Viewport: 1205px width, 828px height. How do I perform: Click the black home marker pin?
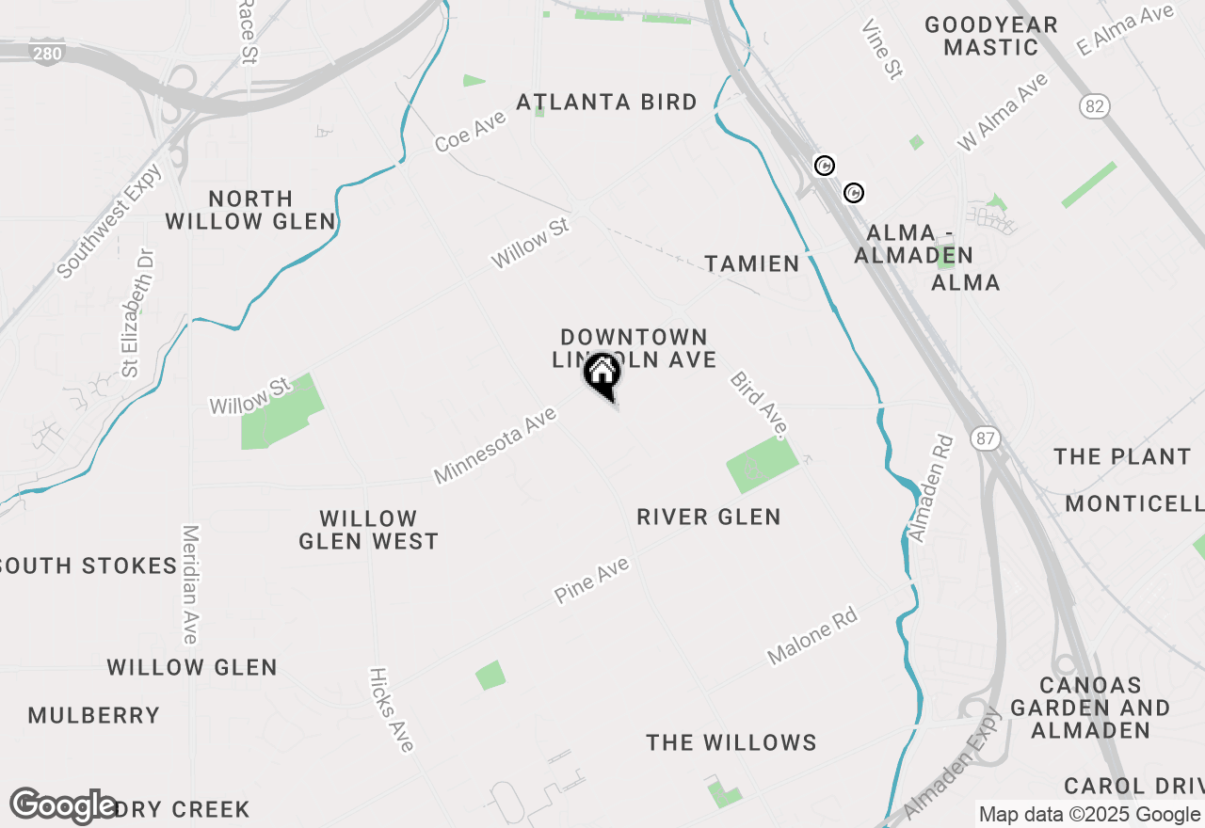coord(602,375)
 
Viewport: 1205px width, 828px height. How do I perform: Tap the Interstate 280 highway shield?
coord(46,53)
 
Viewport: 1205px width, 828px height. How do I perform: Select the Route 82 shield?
coord(1094,106)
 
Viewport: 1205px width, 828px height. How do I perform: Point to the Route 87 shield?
coord(985,438)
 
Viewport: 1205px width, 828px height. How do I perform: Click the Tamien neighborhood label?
coord(753,263)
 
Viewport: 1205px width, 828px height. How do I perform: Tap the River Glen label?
coord(709,517)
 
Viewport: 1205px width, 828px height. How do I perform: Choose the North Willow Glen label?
coord(250,210)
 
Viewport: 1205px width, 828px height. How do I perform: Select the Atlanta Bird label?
coord(607,102)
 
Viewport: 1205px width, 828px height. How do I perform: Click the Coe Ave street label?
coord(471,131)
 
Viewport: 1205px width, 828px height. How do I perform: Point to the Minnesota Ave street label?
coord(495,444)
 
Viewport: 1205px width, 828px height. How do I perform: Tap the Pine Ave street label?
coord(591,579)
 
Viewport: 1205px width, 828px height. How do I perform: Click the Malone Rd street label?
coord(812,637)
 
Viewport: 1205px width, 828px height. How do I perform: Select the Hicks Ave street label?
coord(392,709)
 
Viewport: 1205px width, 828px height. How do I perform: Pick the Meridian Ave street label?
coord(190,584)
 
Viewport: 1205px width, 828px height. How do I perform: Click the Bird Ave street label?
coord(758,404)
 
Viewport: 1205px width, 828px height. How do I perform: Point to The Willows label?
coord(731,742)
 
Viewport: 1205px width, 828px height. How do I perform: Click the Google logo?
coord(63,805)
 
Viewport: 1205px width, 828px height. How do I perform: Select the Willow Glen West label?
coord(368,530)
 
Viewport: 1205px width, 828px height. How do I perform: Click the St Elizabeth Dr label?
coord(137,312)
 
